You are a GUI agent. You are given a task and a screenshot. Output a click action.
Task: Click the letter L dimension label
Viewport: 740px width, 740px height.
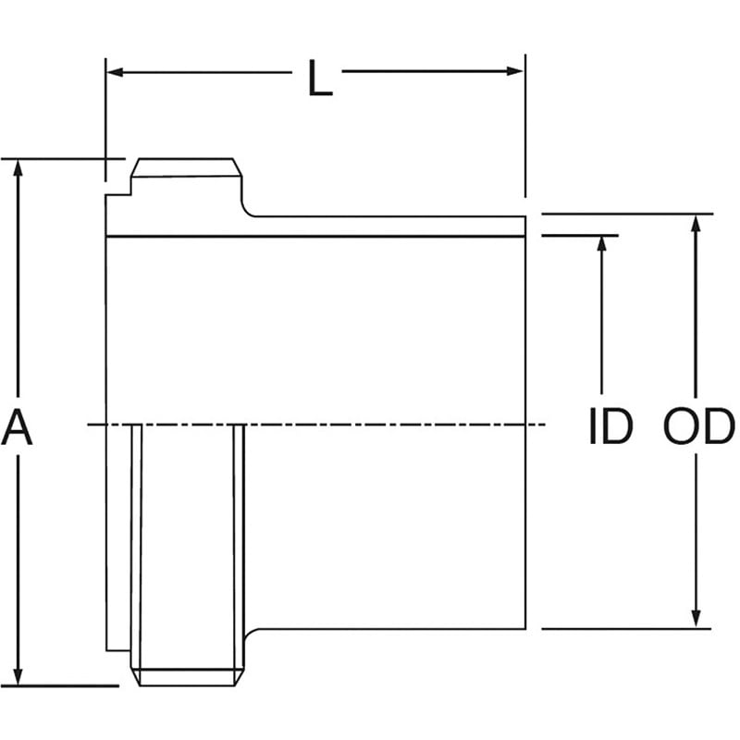click(319, 81)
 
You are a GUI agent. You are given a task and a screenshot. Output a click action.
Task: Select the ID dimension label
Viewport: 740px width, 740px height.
click(610, 427)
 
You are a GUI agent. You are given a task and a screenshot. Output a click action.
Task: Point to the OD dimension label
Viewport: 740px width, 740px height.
click(698, 427)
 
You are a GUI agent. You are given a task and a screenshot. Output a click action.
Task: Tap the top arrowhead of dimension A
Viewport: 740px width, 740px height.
click(18, 166)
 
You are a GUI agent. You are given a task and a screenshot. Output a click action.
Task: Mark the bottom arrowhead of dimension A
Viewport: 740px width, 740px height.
click(18, 677)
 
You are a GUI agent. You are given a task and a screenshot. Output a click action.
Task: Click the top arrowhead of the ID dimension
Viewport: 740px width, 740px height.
click(602, 243)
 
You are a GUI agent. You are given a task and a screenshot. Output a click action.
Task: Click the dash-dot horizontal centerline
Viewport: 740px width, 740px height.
click(370, 425)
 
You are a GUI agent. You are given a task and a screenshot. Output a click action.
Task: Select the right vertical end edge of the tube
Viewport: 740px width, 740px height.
click(526, 425)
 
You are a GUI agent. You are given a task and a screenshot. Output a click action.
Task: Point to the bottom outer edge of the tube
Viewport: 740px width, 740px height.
click(388, 629)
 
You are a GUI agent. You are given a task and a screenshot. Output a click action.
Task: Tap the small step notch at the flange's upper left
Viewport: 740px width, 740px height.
click(120, 195)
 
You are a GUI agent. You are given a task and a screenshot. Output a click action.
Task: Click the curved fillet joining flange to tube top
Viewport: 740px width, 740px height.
click(246, 209)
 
